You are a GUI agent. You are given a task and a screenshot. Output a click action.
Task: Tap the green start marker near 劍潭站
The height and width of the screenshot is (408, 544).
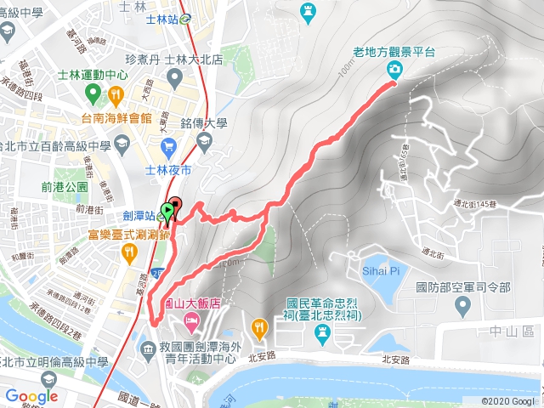pos(168,210)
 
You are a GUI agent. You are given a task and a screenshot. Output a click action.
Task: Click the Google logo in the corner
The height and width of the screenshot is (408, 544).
pos(31,396)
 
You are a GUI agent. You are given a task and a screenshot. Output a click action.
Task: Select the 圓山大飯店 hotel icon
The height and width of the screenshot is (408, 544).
pos(192,321)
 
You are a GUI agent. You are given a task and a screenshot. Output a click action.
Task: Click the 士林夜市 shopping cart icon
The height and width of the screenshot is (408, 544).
pos(168,147)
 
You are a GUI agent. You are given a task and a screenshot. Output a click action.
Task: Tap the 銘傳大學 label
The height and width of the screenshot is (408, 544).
pos(205,123)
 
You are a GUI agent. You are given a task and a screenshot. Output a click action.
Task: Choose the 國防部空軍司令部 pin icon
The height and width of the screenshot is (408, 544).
pos(462,303)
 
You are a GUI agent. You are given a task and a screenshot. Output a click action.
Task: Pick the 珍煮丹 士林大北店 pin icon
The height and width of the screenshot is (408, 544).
pos(174,78)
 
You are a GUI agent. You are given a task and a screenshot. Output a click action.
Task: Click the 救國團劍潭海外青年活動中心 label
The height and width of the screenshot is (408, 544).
pos(194,352)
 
